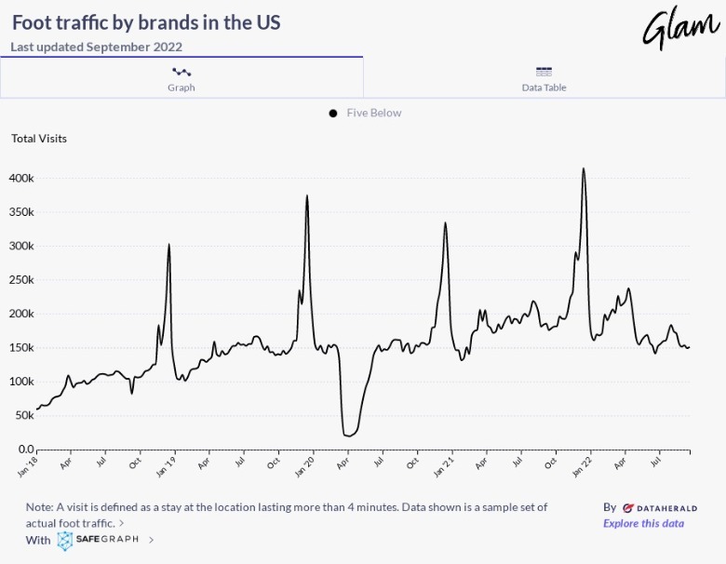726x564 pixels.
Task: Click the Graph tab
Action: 181,78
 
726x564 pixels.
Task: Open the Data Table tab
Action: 544,78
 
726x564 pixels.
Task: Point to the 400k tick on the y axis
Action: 21,178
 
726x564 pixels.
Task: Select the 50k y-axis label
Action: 24,415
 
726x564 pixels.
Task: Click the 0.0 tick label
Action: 26,450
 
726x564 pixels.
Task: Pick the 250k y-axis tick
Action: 21,280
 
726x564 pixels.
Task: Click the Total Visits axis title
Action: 39,139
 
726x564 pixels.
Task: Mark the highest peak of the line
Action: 584,169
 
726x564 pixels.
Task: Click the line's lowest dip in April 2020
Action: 348,436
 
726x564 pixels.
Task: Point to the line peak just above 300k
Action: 168,245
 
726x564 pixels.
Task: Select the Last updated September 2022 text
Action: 97,47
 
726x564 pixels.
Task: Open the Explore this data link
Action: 643,523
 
